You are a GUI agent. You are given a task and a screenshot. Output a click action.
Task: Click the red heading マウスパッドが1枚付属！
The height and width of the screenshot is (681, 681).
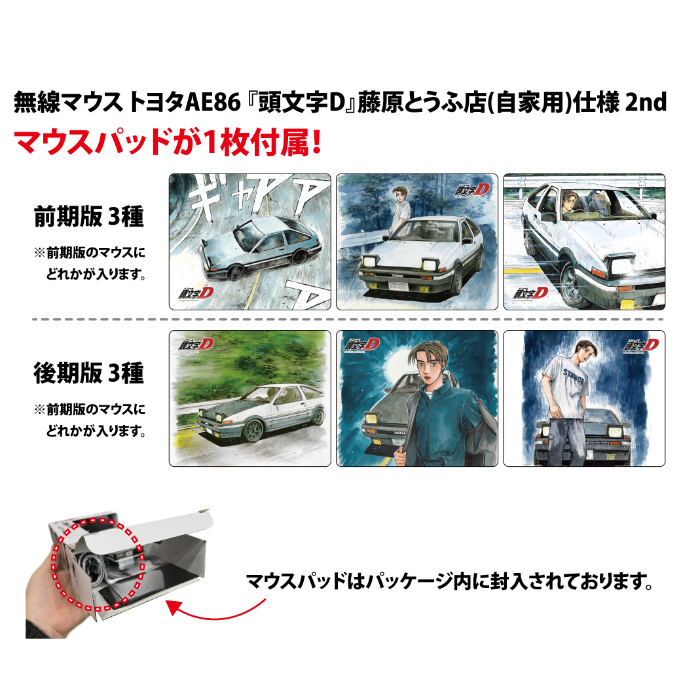tap(167, 142)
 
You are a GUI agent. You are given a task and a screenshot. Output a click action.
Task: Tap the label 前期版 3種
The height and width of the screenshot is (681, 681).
tap(88, 216)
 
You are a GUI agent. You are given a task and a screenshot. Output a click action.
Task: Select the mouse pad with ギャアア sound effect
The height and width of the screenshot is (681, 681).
tap(249, 242)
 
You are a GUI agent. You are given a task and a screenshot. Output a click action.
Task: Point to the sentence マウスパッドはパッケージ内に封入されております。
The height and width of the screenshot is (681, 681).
tap(449, 581)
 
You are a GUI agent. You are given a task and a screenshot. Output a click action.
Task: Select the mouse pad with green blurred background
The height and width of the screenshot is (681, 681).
tap(249, 398)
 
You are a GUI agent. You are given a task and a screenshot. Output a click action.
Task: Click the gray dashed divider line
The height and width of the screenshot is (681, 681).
tap(347, 320)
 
